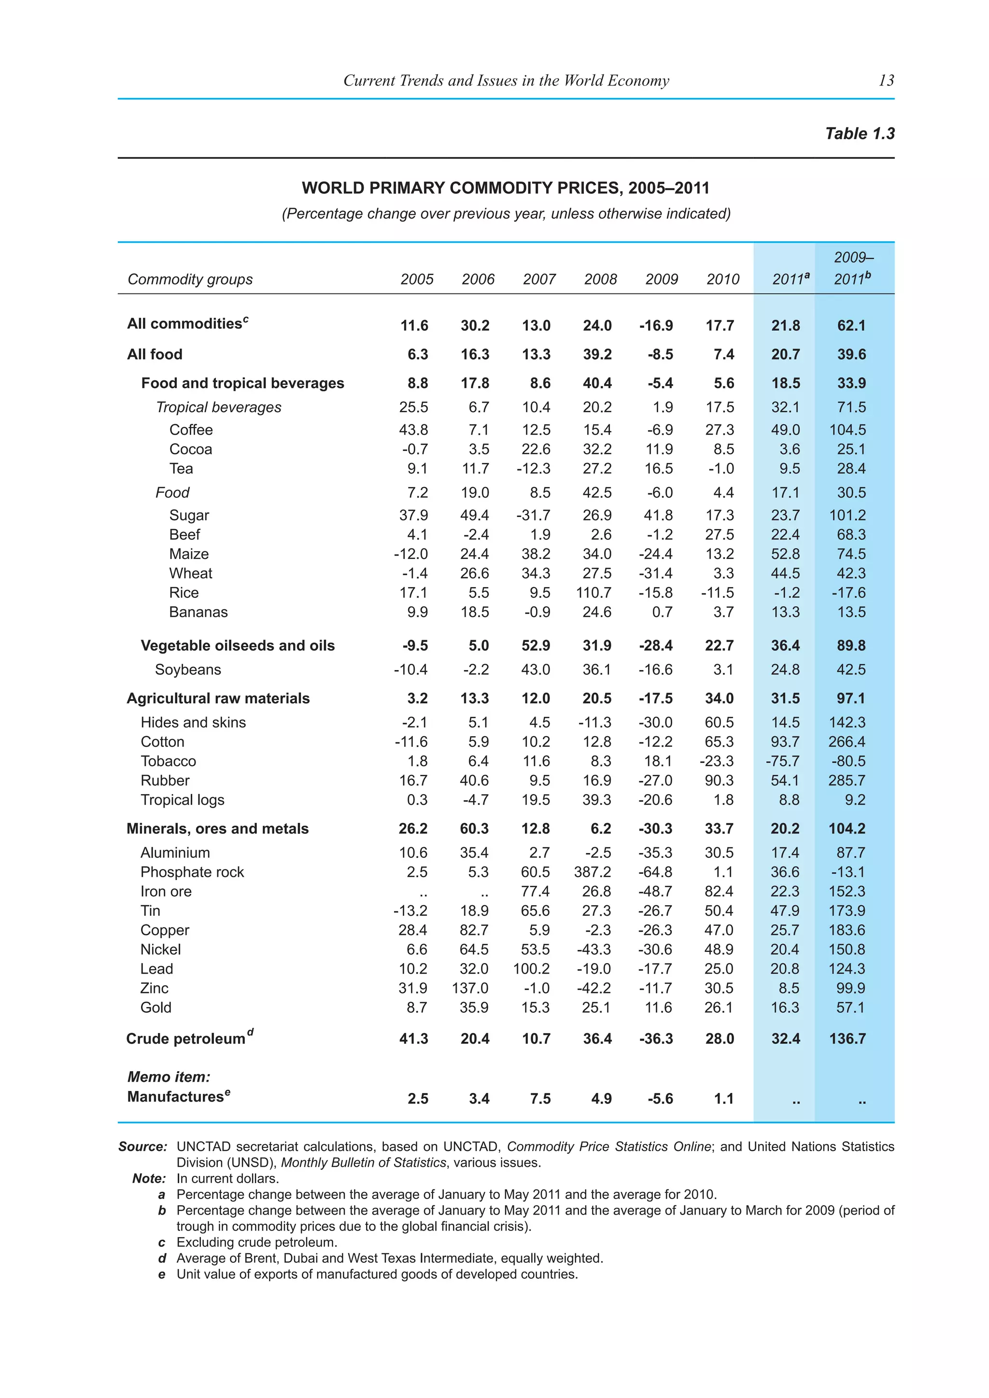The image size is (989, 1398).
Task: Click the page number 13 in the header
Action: pyautogui.click(x=886, y=80)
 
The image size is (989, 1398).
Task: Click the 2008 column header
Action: pyautogui.click(x=600, y=280)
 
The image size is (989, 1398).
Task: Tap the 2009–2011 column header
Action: pyautogui.click(x=853, y=268)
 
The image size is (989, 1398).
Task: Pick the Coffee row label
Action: pyautogui.click(x=191, y=430)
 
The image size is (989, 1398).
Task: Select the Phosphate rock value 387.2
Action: pyautogui.click(x=593, y=872)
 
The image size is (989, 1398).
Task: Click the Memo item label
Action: pyautogui.click(x=169, y=1076)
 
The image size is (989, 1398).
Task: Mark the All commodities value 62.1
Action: pyautogui.click(x=851, y=325)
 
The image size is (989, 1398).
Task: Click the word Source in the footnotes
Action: pyautogui.click(x=142, y=1146)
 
